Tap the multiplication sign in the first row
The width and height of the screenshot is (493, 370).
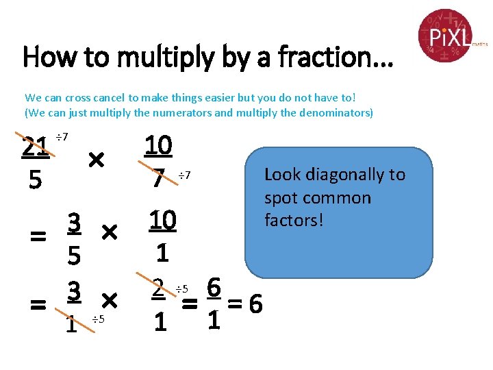pos(96,161)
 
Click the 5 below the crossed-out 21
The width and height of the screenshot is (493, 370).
pos(35,181)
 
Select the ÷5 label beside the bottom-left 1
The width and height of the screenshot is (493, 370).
pos(98,319)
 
